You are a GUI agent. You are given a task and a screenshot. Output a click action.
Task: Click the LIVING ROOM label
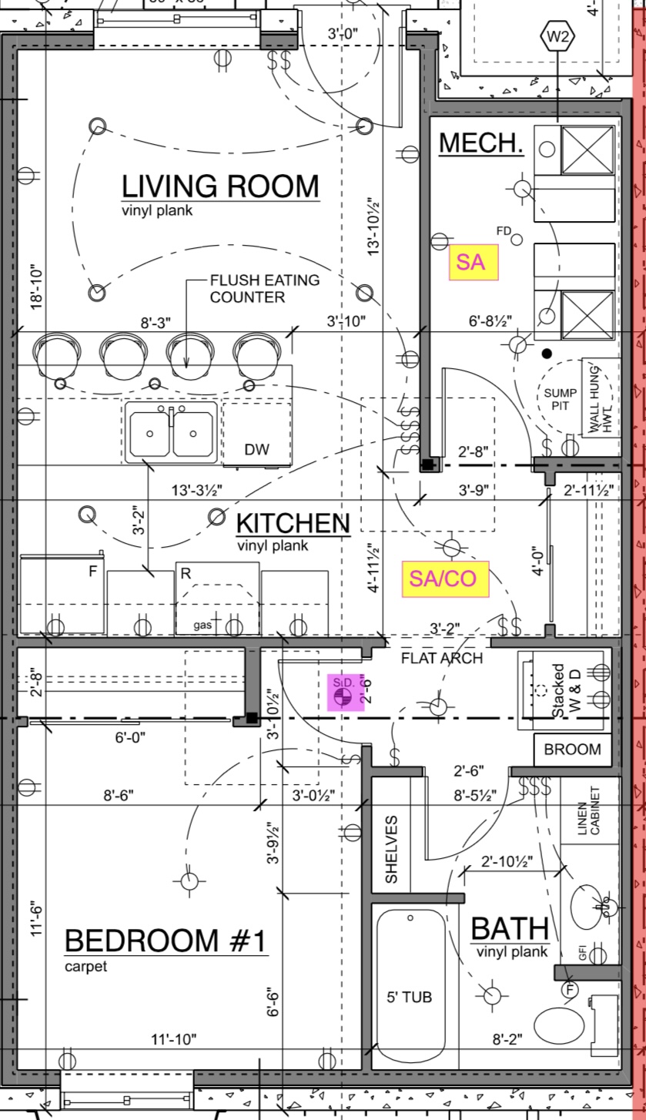[x=220, y=187]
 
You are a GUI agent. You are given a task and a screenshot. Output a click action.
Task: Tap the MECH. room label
[x=481, y=143]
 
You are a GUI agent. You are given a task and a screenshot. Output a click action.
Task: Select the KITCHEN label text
[x=293, y=524]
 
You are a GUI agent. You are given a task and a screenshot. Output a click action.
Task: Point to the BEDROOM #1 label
[x=166, y=941]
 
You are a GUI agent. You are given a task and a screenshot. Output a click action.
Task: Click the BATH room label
[x=509, y=929]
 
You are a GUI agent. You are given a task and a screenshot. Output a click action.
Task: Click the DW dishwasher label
[x=256, y=450]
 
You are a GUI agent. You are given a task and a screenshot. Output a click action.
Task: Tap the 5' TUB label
[x=409, y=998]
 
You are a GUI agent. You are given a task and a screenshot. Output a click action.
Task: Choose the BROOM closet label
[x=572, y=749]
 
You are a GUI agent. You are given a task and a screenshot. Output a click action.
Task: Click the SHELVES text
[x=391, y=850]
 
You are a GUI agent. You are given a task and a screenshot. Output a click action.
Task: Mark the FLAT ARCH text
[x=442, y=659]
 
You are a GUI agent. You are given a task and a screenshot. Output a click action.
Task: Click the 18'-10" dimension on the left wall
[x=37, y=287]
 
